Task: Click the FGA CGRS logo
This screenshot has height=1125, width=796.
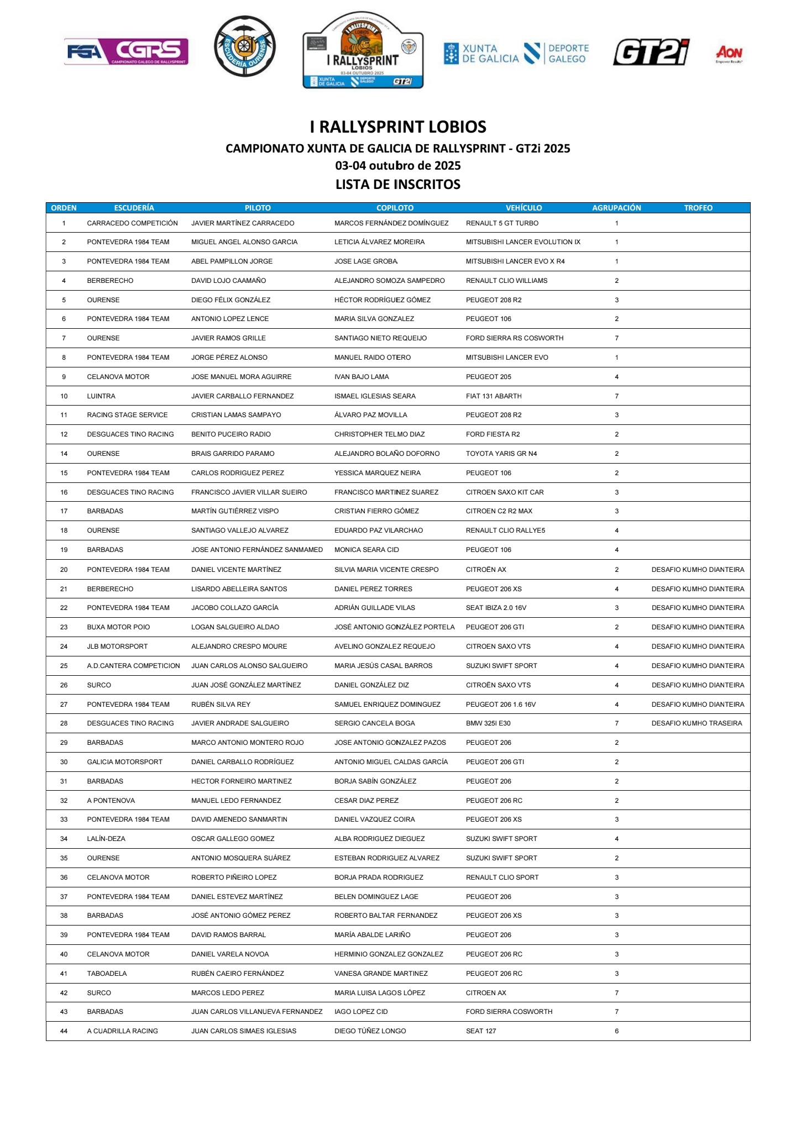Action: point(126,52)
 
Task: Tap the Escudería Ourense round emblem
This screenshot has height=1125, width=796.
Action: point(244,46)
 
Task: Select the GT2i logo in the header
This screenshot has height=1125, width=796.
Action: point(651,52)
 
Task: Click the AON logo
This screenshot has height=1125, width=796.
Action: point(729,54)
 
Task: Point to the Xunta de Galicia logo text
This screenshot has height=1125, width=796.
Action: point(481,54)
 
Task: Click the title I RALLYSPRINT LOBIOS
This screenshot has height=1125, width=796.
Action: point(398,127)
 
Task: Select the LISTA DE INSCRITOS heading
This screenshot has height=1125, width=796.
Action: point(398,185)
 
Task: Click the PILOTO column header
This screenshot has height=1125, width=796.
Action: point(258,208)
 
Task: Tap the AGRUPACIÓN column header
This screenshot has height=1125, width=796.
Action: point(616,208)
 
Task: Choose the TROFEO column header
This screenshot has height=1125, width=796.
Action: point(698,208)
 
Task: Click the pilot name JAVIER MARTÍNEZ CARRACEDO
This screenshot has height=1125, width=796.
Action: point(243,223)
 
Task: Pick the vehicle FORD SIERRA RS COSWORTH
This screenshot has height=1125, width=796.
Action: point(515,338)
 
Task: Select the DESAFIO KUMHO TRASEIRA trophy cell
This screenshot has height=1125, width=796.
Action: point(696,723)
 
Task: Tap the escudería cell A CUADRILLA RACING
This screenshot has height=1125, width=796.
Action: point(122,1031)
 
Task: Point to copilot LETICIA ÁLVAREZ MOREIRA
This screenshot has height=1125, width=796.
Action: point(379,242)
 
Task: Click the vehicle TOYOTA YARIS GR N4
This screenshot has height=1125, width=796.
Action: point(501,454)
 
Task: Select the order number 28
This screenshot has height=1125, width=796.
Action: point(64,723)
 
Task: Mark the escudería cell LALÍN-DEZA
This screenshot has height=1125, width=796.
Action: point(106,839)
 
